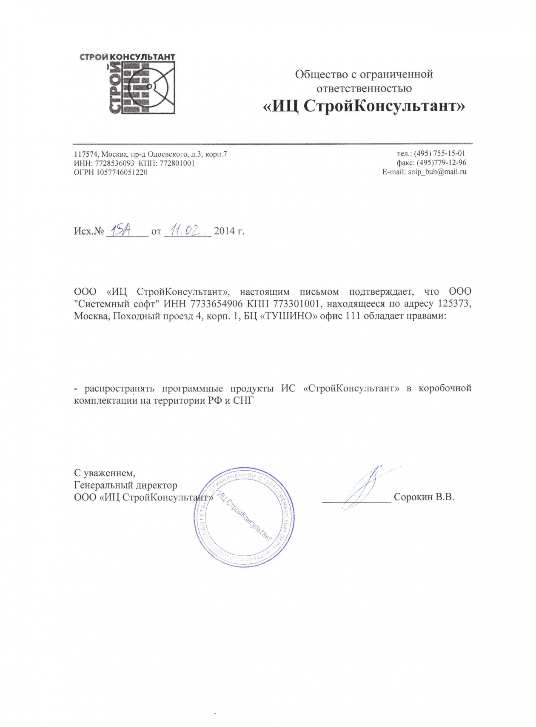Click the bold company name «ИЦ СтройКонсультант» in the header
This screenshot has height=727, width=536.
[364, 106]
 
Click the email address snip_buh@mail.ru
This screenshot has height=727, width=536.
[437, 172]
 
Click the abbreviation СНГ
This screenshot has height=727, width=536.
[243, 401]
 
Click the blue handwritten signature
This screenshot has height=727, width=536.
[364, 488]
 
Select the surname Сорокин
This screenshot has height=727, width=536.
[413, 497]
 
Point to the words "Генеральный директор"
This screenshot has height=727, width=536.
[125, 485]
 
